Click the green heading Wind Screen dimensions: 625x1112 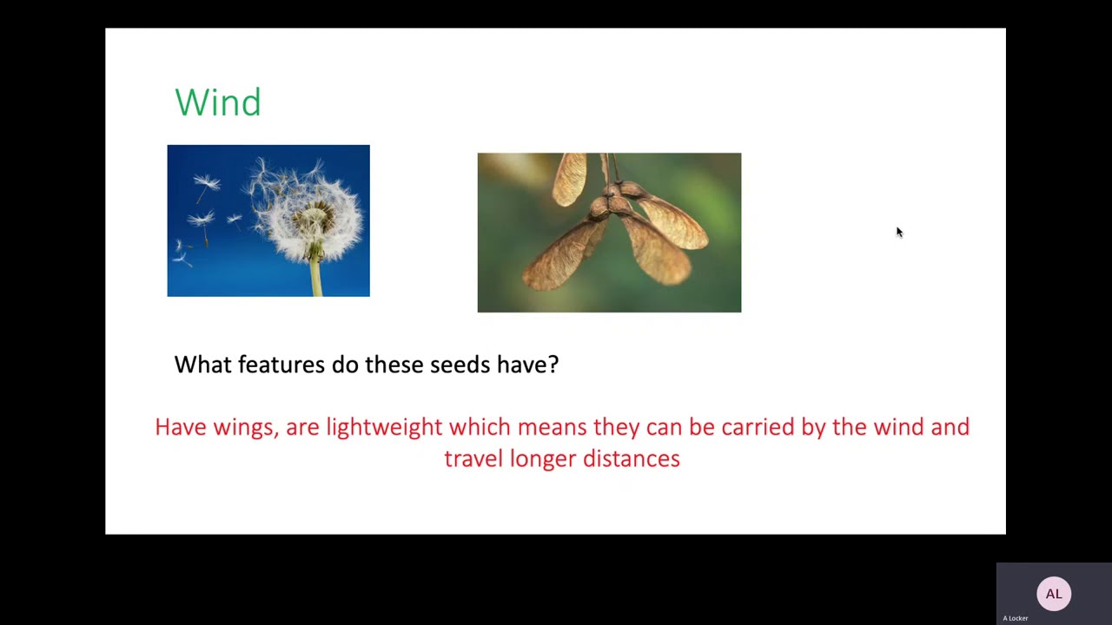click(217, 102)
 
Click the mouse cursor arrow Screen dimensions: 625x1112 click(899, 232)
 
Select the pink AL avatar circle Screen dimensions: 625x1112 click(1053, 594)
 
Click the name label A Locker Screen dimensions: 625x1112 click(1015, 618)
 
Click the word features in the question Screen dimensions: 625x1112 click(281, 365)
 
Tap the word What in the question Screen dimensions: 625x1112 click(203, 365)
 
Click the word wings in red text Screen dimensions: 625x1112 click(244, 427)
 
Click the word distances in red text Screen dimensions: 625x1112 click(631, 458)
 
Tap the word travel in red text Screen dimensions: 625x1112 click(473, 458)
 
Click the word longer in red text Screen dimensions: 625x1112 click(543, 458)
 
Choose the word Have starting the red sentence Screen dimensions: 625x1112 click(181, 427)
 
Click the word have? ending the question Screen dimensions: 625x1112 click(527, 365)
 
